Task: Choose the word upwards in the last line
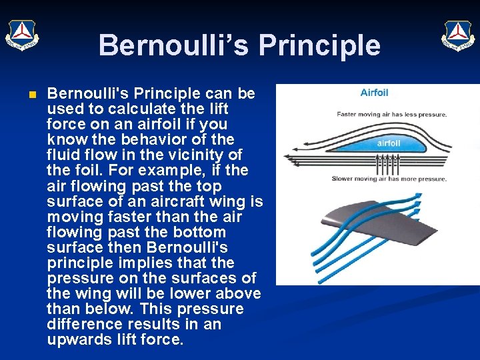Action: click(77, 340)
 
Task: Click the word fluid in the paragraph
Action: click(65, 155)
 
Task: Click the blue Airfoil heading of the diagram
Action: click(374, 93)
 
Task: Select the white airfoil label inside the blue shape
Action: click(389, 143)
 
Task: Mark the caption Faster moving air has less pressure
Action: click(392, 115)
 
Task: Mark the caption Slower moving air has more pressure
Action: click(389, 179)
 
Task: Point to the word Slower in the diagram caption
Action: click(344, 179)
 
